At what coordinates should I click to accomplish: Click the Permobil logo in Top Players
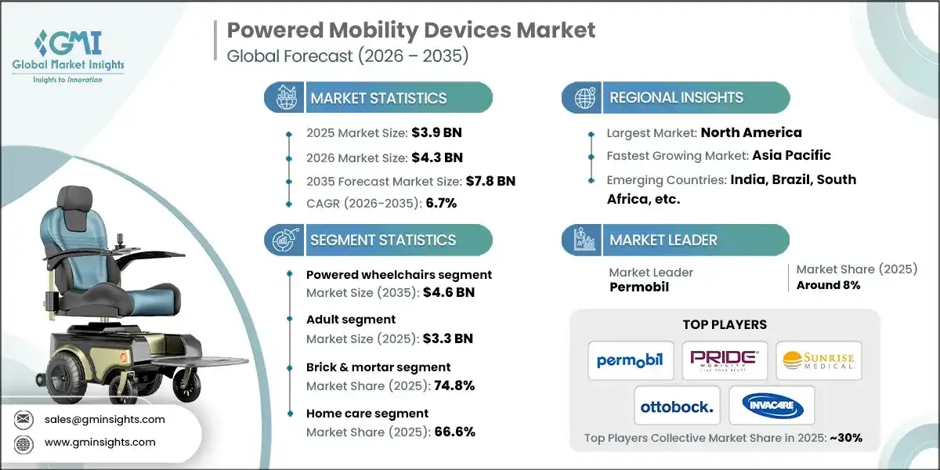tap(630, 360)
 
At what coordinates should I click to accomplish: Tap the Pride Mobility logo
tap(724, 360)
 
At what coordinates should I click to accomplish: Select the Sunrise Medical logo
tap(819, 360)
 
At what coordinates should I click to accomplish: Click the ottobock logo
tap(677, 406)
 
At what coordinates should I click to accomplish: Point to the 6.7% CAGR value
tap(440, 203)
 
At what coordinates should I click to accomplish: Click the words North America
tap(750, 132)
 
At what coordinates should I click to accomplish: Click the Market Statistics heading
tap(378, 98)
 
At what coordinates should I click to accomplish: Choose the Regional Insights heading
tap(676, 98)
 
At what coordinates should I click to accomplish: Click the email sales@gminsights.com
tap(105, 419)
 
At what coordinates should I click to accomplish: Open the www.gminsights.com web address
tap(99, 442)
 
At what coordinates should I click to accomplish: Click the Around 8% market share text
tap(828, 285)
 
